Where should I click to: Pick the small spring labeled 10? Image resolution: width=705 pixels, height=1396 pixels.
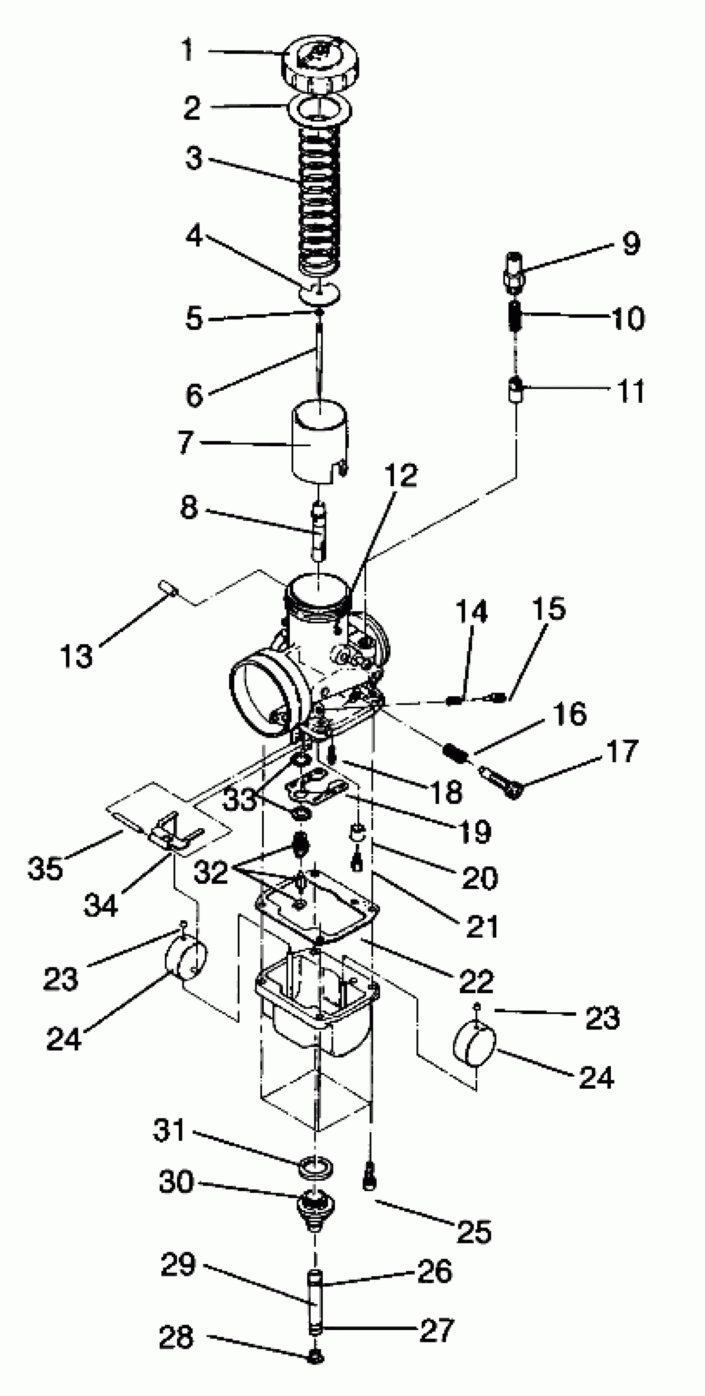coord(516,316)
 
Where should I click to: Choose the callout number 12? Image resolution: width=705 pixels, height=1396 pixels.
coord(401,475)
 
